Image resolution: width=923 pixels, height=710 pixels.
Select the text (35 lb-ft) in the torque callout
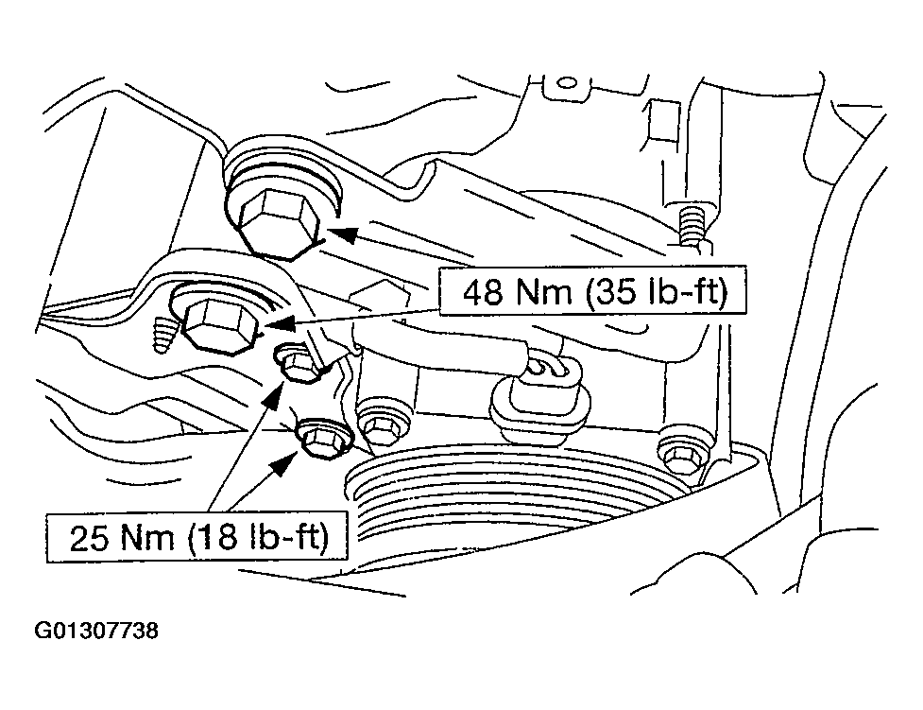(657, 293)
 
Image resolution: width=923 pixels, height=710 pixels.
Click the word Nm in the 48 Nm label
(546, 293)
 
